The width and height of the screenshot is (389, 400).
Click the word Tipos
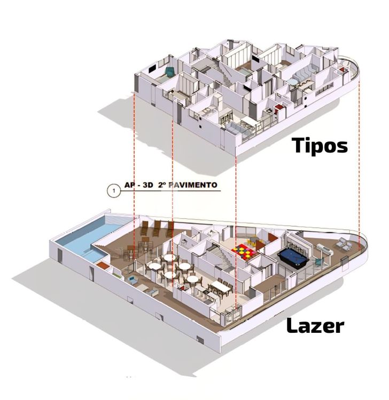point(320,145)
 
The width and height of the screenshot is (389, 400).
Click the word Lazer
point(315,325)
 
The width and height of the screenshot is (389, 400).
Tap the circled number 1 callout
point(113,190)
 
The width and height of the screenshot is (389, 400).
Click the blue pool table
point(293,258)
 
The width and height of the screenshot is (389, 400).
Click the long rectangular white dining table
point(221,286)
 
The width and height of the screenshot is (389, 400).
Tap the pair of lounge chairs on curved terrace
point(344,243)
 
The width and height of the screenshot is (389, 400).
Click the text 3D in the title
point(147,185)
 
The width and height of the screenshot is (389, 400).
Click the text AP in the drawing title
point(129,185)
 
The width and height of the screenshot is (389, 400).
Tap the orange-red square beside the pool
point(103,265)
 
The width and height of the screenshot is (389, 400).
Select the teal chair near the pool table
point(318,262)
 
